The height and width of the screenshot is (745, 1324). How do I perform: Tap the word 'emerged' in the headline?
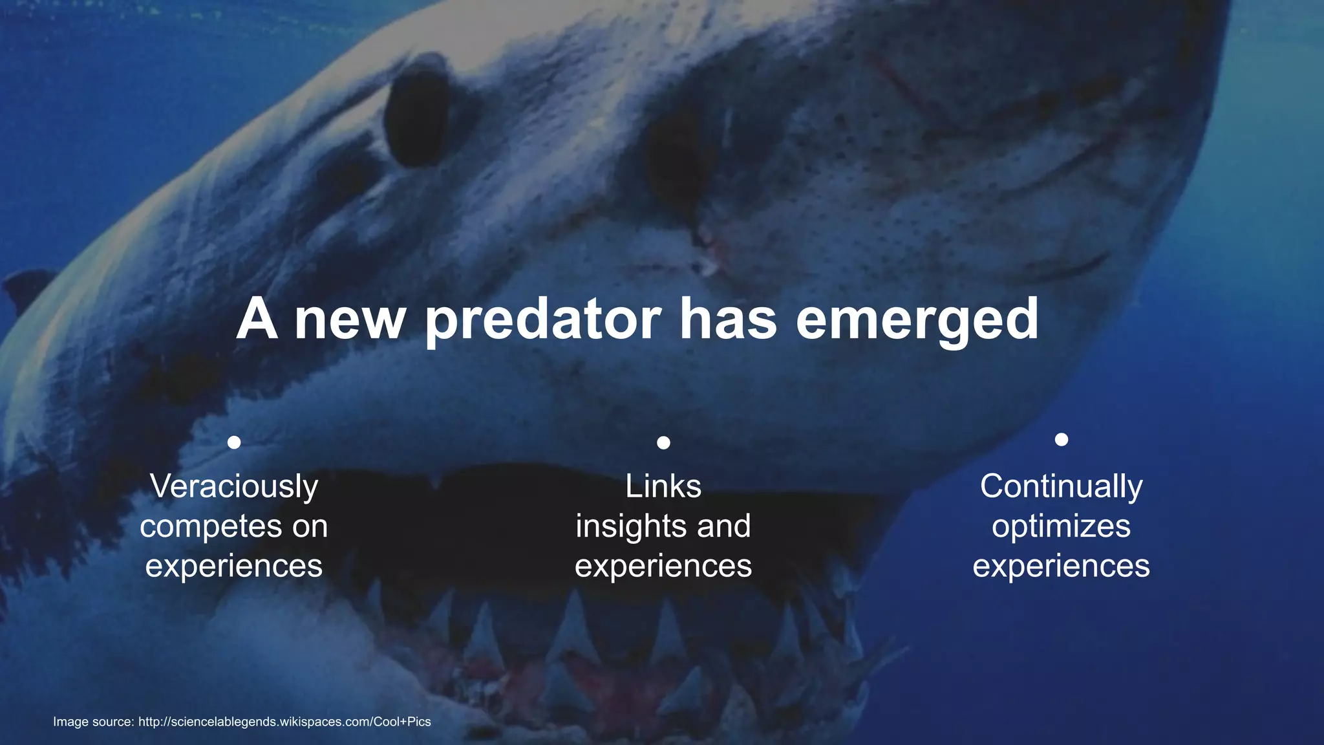(917, 319)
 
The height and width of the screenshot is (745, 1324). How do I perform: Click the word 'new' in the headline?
(350, 321)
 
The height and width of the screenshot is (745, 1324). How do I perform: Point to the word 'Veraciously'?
(234, 486)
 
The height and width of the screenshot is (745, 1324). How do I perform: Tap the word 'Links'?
(663, 486)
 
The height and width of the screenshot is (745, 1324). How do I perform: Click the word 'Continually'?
(1061, 486)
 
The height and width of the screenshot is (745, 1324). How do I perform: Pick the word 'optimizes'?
(1061, 526)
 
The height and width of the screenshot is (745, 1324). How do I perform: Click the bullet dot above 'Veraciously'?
(234, 442)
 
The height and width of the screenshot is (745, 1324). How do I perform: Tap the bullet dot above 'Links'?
(663, 442)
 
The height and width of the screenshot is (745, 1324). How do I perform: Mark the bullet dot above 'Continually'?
(1061, 440)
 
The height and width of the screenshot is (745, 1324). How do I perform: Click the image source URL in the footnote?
(284, 722)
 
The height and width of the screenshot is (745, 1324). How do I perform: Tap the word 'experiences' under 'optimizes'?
(1061, 566)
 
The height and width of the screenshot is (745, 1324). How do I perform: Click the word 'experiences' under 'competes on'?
(234, 566)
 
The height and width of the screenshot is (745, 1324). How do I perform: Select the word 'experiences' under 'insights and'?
(663, 566)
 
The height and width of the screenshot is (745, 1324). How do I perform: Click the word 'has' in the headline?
(727, 319)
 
